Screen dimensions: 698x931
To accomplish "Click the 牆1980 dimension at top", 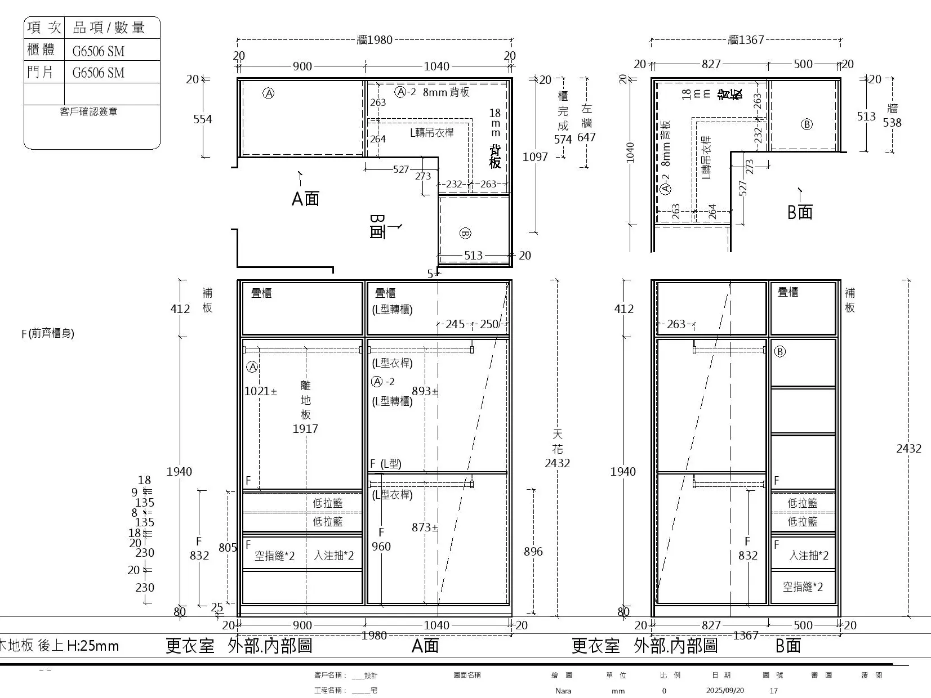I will (375, 40).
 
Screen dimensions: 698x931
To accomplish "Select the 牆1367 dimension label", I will (746, 40).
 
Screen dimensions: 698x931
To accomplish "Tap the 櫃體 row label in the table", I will (41, 50).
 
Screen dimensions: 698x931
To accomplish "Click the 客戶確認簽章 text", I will (88, 111).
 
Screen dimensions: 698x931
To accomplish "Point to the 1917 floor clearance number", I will (305, 429).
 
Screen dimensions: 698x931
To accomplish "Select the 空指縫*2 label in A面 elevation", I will (274, 556).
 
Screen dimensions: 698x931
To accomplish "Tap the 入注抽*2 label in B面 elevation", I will (808, 556).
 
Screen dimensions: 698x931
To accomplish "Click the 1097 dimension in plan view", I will (535, 157).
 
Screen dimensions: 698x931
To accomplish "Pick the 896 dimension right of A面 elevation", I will (533, 552).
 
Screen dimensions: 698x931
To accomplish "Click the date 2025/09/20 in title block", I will (725, 691).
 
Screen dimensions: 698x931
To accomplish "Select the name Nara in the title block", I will (563, 691).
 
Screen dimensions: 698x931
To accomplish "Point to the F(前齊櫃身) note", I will (48, 333).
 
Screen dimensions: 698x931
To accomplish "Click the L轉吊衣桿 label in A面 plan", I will (431, 133).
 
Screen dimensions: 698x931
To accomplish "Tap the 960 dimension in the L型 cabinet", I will (381, 547).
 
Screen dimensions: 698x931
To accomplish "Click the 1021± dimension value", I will (260, 391).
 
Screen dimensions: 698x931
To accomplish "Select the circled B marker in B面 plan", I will (807, 124).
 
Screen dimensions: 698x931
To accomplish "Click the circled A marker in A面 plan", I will (269, 93).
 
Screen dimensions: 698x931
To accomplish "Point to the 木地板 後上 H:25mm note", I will (59, 646).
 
